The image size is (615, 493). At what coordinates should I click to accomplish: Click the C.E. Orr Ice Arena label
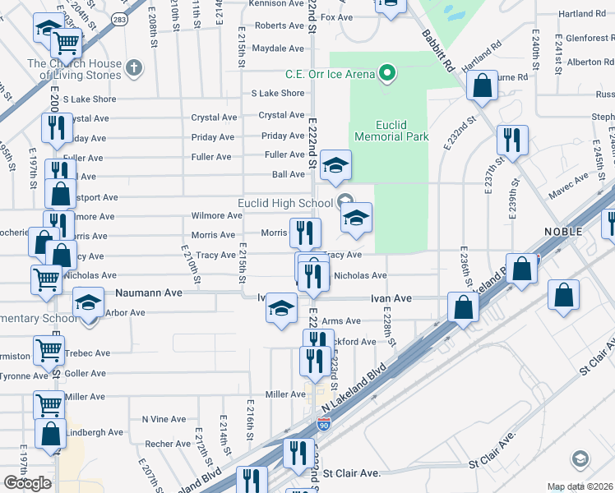(x=330, y=74)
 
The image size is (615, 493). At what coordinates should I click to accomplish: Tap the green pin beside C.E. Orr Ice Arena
(x=386, y=74)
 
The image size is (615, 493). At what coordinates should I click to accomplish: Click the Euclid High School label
(x=285, y=203)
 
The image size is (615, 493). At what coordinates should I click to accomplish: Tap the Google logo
(x=27, y=483)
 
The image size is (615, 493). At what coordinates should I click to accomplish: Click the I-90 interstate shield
(x=325, y=425)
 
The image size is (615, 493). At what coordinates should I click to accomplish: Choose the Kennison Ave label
(x=277, y=4)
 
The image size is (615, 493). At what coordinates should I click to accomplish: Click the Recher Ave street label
(x=168, y=444)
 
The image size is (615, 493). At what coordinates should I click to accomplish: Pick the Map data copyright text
(x=580, y=486)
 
